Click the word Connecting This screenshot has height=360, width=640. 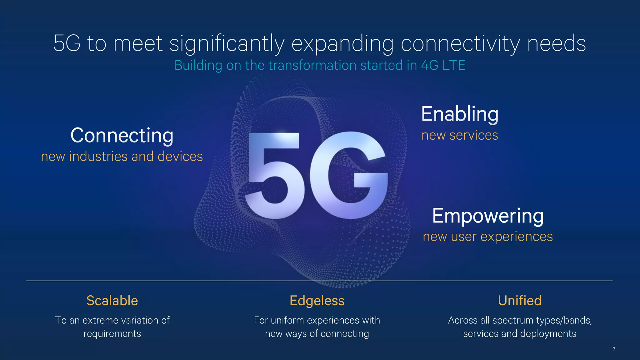pyautogui.click(x=122, y=136)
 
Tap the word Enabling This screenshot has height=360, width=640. pyautogui.click(x=460, y=114)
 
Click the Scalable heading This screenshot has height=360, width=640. pyautogui.click(x=112, y=301)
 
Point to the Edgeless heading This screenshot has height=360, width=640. pyautogui.click(x=317, y=301)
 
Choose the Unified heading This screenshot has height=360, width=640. pyautogui.click(x=519, y=301)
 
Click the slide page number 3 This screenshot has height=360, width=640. pyautogui.click(x=614, y=349)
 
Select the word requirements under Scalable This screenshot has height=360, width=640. pyautogui.click(x=112, y=334)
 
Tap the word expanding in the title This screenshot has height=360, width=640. pyautogui.click(x=342, y=44)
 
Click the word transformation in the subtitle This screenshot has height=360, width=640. pyautogui.click(x=312, y=65)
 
